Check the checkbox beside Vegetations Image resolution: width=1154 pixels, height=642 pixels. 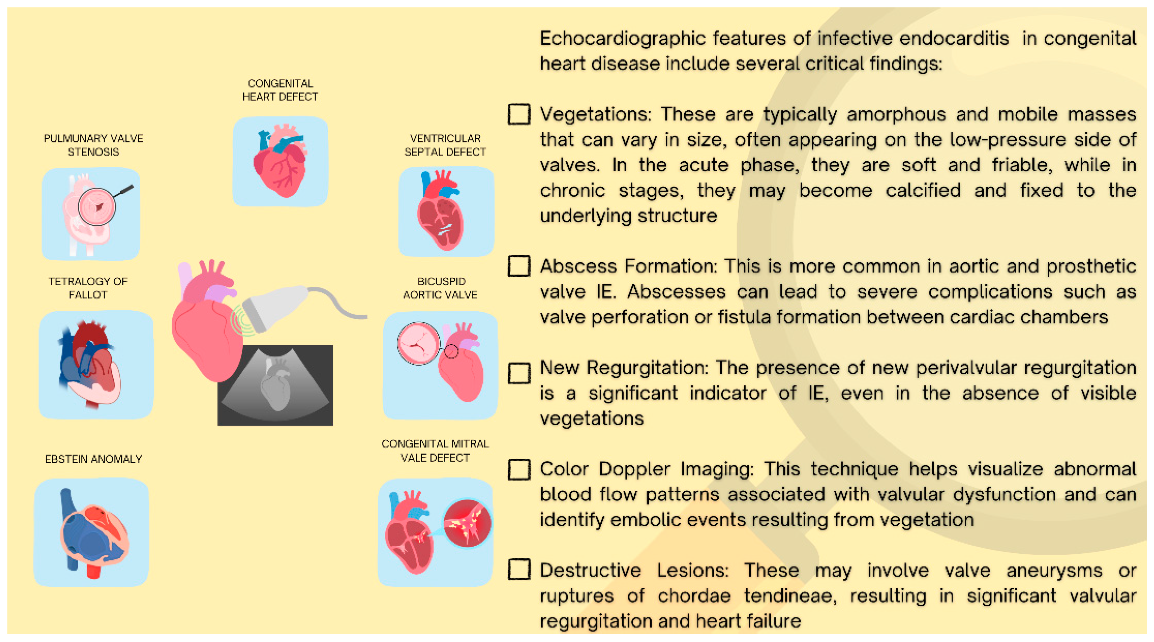point(519,114)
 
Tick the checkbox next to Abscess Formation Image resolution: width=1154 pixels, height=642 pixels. point(519,266)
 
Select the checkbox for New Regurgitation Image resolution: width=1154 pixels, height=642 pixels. point(519,373)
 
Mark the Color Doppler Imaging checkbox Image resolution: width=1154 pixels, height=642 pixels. point(519,469)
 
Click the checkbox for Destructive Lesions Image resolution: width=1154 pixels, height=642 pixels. point(519,570)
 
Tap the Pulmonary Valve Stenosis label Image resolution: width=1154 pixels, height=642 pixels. point(93,145)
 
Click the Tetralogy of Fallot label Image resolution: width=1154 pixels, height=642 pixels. point(88,288)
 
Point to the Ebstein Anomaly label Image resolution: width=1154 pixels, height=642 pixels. point(93,459)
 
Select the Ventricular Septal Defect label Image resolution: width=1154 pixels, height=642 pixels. point(445,145)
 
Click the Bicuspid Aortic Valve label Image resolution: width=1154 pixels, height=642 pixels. point(440,288)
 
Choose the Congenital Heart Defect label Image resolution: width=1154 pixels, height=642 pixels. point(280,90)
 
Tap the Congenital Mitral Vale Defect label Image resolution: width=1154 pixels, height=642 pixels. point(435,451)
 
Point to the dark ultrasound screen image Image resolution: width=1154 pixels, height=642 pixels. point(275,385)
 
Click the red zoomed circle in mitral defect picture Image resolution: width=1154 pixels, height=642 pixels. point(467,523)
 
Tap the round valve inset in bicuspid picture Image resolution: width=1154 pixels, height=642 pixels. point(418,343)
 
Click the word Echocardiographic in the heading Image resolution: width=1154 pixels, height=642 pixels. point(623,39)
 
